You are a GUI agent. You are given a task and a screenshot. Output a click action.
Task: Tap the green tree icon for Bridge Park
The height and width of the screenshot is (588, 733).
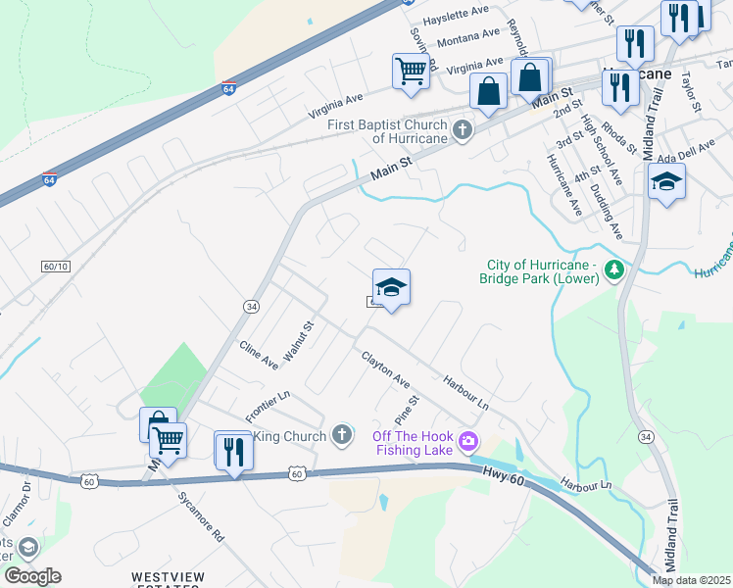tap(614, 269)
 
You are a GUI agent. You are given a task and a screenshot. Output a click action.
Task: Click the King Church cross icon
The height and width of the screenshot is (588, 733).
tap(341, 434)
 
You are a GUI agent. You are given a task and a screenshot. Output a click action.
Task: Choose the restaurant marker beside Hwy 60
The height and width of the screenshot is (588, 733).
tap(233, 451)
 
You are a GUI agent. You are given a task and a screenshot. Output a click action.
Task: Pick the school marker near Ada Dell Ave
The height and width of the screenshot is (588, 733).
tap(666, 182)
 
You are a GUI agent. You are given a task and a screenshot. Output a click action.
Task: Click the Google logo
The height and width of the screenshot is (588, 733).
tap(32, 576)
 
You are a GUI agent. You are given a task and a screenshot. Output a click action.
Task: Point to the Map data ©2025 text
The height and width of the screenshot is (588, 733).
tap(691, 580)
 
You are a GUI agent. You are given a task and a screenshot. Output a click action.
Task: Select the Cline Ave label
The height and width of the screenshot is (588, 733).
tap(259, 354)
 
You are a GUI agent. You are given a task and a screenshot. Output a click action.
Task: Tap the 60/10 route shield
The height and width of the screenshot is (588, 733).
tap(56, 267)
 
